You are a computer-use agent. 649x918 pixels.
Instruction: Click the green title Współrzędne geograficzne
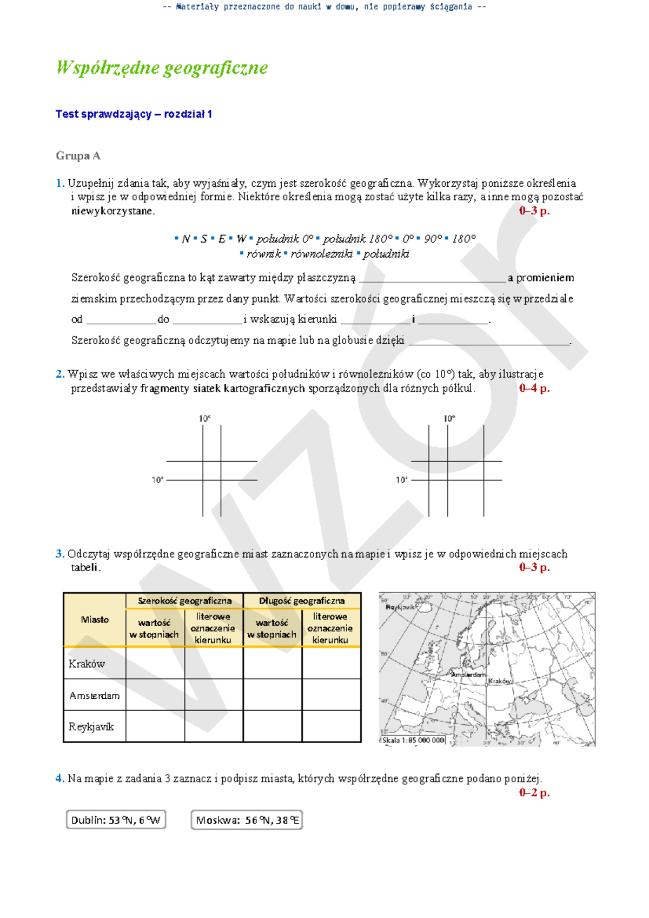click(162, 68)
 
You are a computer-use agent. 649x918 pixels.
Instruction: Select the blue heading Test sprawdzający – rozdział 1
click(134, 114)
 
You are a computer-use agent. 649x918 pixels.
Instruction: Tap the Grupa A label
click(78, 156)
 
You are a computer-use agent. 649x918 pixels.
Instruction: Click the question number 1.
click(59, 183)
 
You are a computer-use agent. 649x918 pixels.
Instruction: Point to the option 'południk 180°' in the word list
click(357, 239)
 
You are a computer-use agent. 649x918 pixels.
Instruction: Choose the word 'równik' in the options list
click(263, 254)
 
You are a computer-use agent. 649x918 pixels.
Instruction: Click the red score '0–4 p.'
click(534, 388)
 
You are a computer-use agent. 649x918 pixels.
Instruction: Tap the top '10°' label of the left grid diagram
click(204, 418)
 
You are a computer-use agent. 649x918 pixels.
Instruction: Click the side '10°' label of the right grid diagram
click(401, 480)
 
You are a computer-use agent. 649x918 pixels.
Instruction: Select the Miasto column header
click(95, 620)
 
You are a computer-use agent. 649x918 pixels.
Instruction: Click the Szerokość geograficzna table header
click(184, 601)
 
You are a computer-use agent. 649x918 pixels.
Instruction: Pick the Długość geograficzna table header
click(301, 601)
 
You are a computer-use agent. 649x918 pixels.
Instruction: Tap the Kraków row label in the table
click(87, 664)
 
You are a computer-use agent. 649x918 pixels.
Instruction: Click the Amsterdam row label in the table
click(94, 696)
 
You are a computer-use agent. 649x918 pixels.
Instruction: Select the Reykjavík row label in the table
click(91, 727)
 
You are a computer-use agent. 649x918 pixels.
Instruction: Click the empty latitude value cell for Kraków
click(155, 664)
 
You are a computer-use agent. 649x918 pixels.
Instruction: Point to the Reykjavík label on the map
click(400, 607)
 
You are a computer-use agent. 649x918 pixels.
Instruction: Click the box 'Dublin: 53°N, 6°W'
click(116, 820)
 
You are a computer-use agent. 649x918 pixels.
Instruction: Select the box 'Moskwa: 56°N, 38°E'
click(247, 820)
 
